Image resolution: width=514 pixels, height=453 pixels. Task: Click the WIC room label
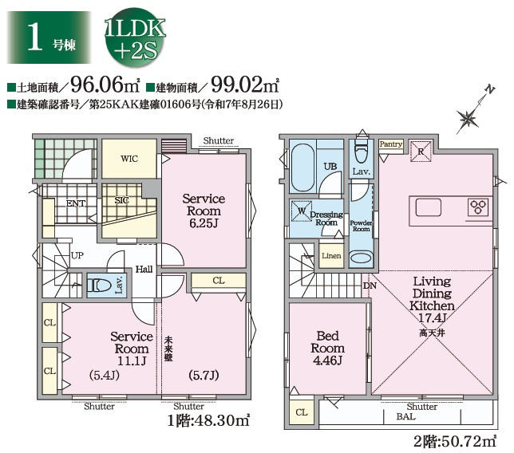click(x=129, y=159)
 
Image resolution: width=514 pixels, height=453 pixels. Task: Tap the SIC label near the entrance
click(x=121, y=200)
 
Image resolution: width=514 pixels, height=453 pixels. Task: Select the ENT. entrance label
click(x=76, y=203)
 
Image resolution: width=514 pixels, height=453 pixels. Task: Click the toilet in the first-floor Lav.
click(x=100, y=285)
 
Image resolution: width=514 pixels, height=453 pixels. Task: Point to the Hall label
click(x=144, y=270)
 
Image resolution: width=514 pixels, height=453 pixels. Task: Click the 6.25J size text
click(x=204, y=223)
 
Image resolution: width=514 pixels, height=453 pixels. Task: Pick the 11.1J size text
click(x=132, y=360)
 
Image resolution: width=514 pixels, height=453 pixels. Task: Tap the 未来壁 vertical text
click(x=168, y=349)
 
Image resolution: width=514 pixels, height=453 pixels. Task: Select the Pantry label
click(x=390, y=144)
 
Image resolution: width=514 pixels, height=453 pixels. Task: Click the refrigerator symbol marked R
click(x=421, y=152)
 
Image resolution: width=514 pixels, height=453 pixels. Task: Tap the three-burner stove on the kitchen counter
click(x=479, y=207)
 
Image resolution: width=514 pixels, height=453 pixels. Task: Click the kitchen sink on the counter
click(x=428, y=207)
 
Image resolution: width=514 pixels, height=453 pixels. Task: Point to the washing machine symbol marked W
click(x=302, y=211)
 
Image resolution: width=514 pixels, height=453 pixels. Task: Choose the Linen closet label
click(x=331, y=255)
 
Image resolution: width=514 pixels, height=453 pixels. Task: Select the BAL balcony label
click(x=405, y=416)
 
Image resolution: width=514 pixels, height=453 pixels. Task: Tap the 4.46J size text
click(x=328, y=360)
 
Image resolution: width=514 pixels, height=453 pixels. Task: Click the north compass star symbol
click(x=468, y=118)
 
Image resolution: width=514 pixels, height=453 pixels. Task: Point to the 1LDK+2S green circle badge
click(x=135, y=40)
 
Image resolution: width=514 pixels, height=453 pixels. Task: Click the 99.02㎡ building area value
click(x=245, y=85)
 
